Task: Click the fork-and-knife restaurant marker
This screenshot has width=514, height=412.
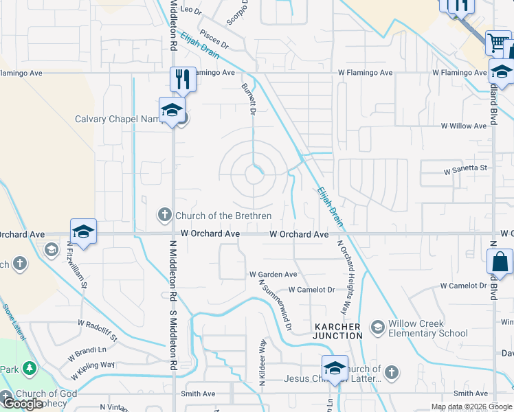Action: (x=183, y=79)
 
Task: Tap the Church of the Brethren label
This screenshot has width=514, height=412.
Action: (x=223, y=216)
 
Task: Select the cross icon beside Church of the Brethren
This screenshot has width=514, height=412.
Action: (x=165, y=215)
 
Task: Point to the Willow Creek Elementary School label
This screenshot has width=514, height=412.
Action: (x=428, y=328)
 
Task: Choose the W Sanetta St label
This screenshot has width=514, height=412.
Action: (x=465, y=168)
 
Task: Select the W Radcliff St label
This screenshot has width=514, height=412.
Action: (x=98, y=331)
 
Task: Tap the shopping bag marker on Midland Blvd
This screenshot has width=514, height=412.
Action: (x=500, y=263)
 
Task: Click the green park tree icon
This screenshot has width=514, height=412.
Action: (x=29, y=369)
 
